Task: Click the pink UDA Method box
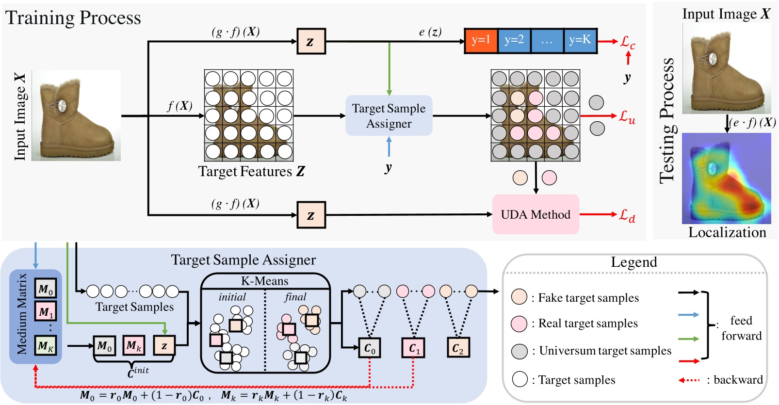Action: pyautogui.click(x=536, y=214)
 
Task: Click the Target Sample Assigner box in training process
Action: pyautogui.click(x=389, y=116)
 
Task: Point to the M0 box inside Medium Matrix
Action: pyautogui.click(x=46, y=289)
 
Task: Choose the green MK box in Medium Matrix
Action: pyautogui.click(x=46, y=346)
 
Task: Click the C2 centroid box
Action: pyautogui.click(x=458, y=348)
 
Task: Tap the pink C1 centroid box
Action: pyautogui.click(x=413, y=348)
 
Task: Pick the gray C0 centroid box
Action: pyautogui.click(x=370, y=348)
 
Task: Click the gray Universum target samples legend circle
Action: pyautogui.click(x=519, y=351)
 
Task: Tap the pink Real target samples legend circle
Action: pyautogui.click(x=519, y=324)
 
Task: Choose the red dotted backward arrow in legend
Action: pyautogui.click(x=689, y=380)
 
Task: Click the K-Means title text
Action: pyautogui.click(x=265, y=281)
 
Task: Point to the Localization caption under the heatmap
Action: pyautogui.click(x=727, y=232)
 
